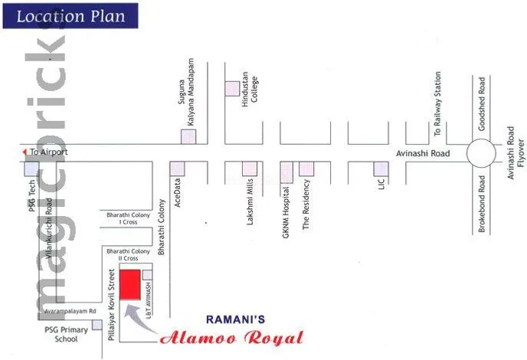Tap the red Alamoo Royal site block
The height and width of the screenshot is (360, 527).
point(129,285)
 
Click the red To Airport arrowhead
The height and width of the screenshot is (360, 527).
point(24,152)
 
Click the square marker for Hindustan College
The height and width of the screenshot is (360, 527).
point(231,88)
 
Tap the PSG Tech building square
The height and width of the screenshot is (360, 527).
point(31,169)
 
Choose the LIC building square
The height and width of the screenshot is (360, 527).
point(380,169)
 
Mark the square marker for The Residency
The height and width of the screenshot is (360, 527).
point(306,169)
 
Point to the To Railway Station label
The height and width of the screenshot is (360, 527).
point(438,104)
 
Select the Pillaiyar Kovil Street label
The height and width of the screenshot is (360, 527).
point(112,303)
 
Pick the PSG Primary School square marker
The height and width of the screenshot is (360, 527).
point(97,325)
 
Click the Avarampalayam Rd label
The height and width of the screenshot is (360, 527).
point(69,312)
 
